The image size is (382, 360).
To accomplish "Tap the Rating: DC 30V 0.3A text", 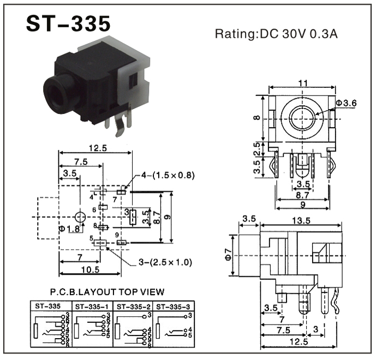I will pyautogui.click(x=276, y=34).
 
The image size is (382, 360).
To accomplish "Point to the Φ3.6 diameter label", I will pyautogui.click(x=345, y=103).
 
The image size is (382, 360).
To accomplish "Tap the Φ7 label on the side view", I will pyautogui.click(x=229, y=255).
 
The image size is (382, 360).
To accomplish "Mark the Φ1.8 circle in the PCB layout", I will pyautogui.click(x=80, y=217).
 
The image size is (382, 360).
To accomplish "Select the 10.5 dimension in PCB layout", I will pyautogui.click(x=91, y=269).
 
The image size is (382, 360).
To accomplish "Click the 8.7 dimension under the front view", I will pyautogui.click(x=303, y=194).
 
